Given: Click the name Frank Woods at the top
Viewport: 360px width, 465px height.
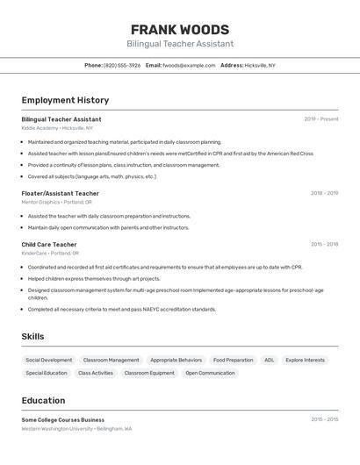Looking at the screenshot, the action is point(180,29).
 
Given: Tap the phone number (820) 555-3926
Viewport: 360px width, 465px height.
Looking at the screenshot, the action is point(122,65).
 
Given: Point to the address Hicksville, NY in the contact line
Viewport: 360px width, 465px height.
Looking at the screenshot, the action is point(260,65).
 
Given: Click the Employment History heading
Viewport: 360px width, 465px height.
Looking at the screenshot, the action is point(65,100).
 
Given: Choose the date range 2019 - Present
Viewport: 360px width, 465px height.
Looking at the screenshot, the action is point(320,119).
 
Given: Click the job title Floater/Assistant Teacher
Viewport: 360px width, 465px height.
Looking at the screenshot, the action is point(61,193).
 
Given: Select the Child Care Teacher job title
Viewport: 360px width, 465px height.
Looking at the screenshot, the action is point(49,244).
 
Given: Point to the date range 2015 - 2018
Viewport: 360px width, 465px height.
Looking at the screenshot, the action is point(324,244).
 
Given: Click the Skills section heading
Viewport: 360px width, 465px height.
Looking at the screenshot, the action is point(32,336).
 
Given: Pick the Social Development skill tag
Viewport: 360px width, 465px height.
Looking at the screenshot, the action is point(49,360).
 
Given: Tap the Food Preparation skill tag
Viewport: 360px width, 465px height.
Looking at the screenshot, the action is point(233,360).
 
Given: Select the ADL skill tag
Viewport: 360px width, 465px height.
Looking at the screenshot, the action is point(270,360).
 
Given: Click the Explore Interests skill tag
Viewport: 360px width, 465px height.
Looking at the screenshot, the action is point(305,360).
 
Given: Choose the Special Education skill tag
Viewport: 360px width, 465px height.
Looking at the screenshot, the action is point(47,373).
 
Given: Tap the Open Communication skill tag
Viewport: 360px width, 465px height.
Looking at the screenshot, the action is point(210,373).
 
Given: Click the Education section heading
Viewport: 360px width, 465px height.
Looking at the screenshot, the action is point(43,400).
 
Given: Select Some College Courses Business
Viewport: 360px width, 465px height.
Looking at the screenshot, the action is point(63,419).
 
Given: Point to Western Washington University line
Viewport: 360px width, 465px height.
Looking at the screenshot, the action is point(76,429).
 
